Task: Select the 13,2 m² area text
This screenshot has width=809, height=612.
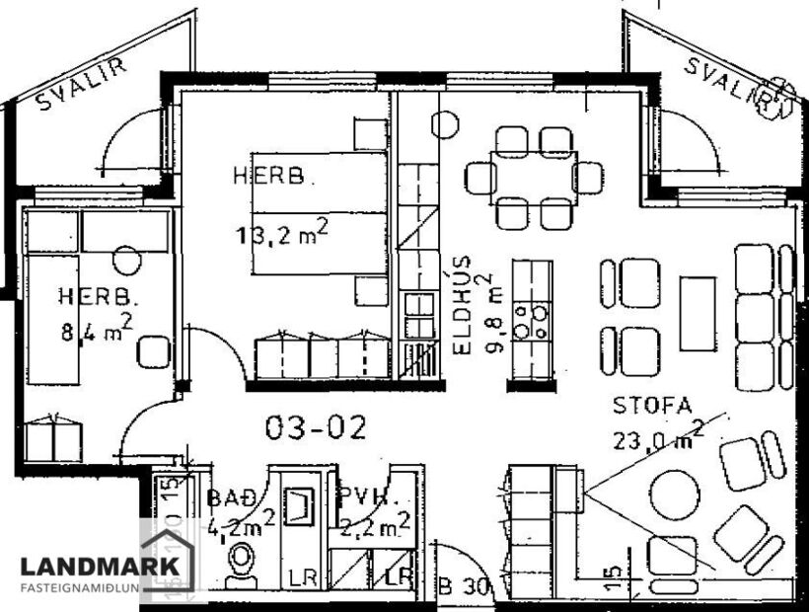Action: click(x=280, y=233)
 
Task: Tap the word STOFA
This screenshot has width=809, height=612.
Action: click(x=652, y=406)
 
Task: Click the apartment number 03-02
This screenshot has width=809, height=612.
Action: click(x=316, y=427)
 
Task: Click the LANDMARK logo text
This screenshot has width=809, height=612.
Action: click(x=101, y=567)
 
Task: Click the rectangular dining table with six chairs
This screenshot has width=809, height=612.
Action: click(x=533, y=178)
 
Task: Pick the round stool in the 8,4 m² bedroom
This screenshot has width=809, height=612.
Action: click(x=126, y=261)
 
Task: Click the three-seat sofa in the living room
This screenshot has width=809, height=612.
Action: click(x=755, y=318)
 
